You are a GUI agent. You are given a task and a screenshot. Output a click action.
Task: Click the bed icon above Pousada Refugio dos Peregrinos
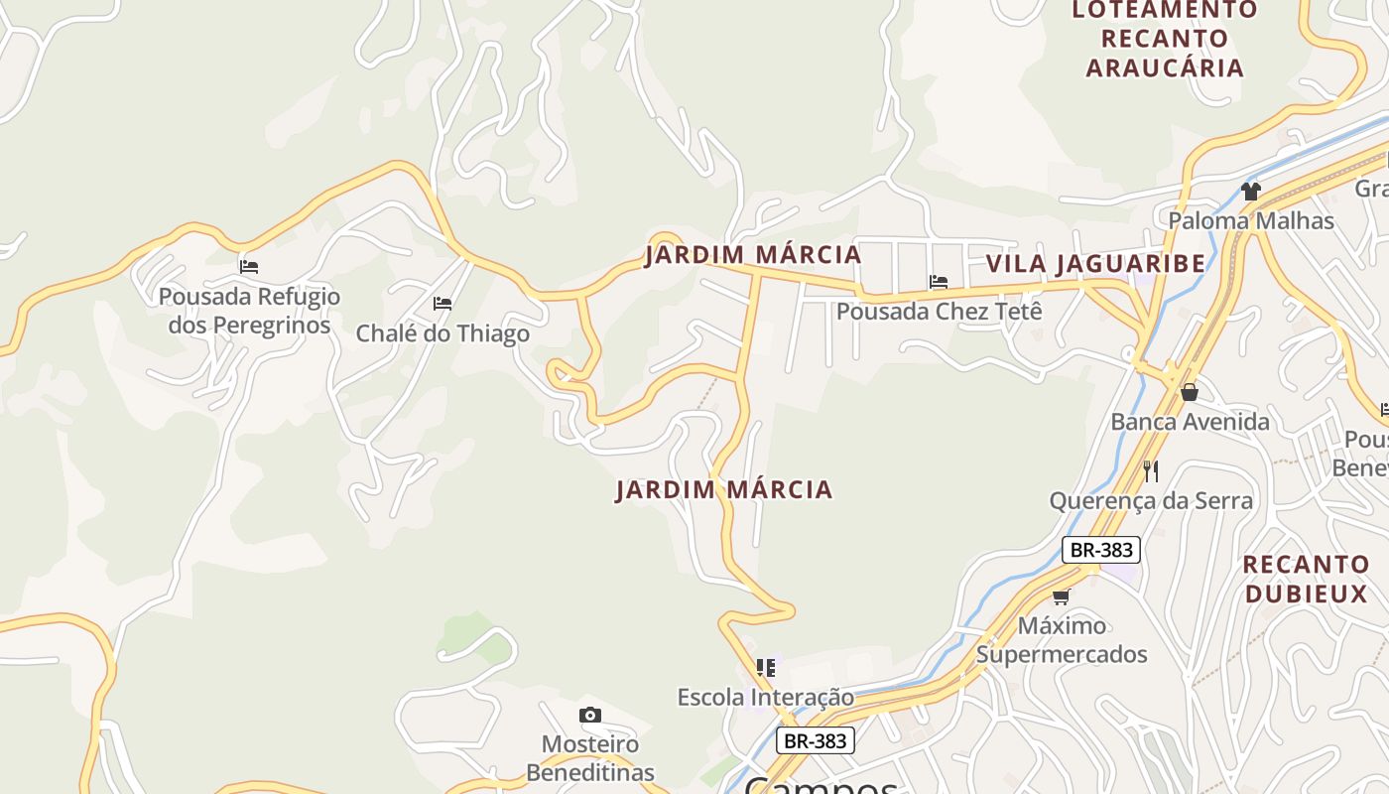click(249, 267)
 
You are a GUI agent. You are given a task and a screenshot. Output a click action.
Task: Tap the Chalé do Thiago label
click(442, 333)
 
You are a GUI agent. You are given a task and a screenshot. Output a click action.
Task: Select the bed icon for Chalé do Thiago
click(442, 304)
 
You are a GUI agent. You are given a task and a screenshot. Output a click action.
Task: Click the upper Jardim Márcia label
click(753, 255)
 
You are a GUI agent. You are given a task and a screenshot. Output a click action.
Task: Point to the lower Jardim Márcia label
click(723, 490)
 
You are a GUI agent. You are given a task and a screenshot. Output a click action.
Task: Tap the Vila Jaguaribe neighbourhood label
click(1095, 264)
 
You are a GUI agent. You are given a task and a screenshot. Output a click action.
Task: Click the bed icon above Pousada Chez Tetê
click(939, 282)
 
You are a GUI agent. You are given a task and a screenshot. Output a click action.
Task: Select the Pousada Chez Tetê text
click(939, 312)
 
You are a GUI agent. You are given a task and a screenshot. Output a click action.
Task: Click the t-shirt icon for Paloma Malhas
click(1250, 191)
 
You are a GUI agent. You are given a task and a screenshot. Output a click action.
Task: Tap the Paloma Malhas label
click(1250, 220)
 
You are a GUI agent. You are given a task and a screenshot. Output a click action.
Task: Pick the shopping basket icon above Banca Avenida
click(1189, 392)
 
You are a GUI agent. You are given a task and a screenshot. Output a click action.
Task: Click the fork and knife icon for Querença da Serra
click(1151, 470)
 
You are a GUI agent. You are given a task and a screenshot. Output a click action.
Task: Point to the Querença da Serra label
click(1151, 500)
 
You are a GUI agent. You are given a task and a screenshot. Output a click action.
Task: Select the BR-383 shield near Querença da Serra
click(1100, 550)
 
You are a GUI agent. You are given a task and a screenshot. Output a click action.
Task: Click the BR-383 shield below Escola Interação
click(814, 740)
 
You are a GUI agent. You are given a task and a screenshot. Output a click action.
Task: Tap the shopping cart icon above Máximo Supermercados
click(1062, 596)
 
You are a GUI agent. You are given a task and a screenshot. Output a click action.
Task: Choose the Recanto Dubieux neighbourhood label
click(1306, 579)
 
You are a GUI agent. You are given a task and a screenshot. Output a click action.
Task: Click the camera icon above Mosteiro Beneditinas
click(590, 715)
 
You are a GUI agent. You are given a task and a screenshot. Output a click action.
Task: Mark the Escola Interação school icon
click(765, 668)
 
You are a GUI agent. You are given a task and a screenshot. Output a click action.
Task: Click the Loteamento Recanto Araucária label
click(1165, 39)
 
